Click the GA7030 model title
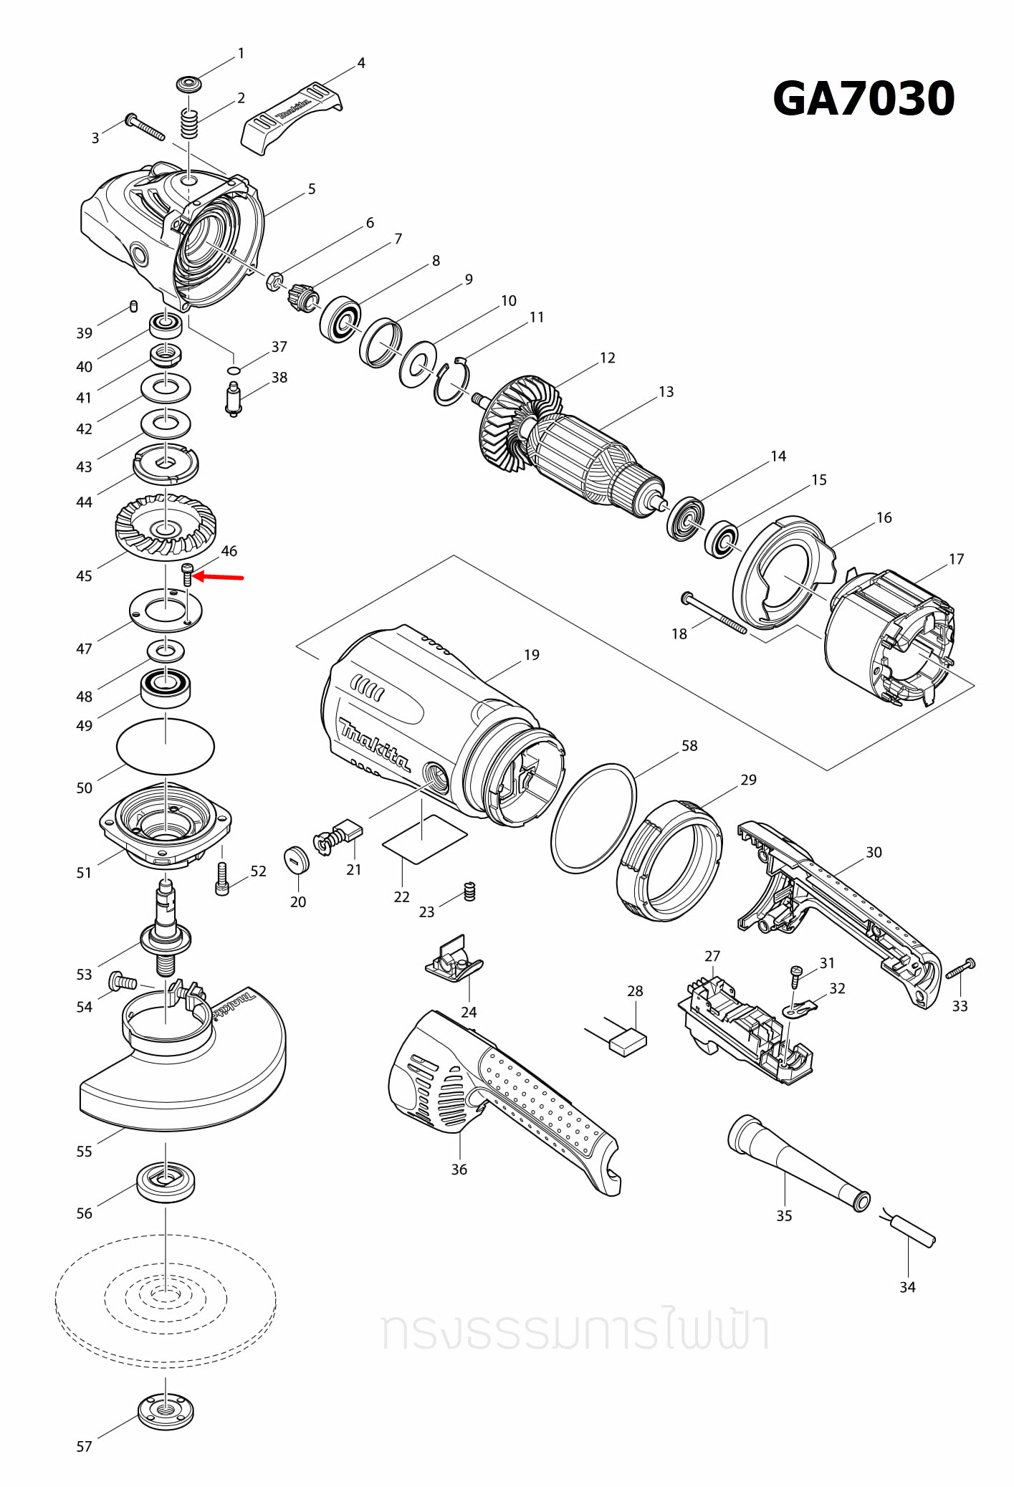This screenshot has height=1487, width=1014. [x=864, y=99]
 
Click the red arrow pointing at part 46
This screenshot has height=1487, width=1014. [x=219, y=576]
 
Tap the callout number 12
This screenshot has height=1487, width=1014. [x=607, y=358]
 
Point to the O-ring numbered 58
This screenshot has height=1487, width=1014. [x=593, y=818]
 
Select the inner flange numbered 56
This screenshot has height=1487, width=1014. [x=166, y=1181]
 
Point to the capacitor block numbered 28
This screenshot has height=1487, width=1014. [x=628, y=1041]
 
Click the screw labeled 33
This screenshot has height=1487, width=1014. [x=960, y=970]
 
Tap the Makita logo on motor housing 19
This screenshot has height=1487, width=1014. [x=375, y=746]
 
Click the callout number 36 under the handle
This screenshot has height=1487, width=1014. [x=459, y=1170]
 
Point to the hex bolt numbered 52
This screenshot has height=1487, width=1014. [x=222, y=880]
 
